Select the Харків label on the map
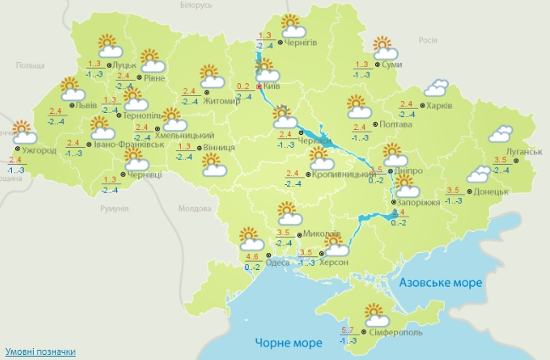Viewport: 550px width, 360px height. (440, 106)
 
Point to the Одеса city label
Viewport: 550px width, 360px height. (277, 262)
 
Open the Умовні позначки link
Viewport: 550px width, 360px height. (40, 352)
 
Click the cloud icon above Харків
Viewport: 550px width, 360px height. (437, 87)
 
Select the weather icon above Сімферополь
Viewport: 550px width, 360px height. (377, 315)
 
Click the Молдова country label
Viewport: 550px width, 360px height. (194, 208)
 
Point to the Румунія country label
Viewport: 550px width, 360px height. (113, 209)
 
